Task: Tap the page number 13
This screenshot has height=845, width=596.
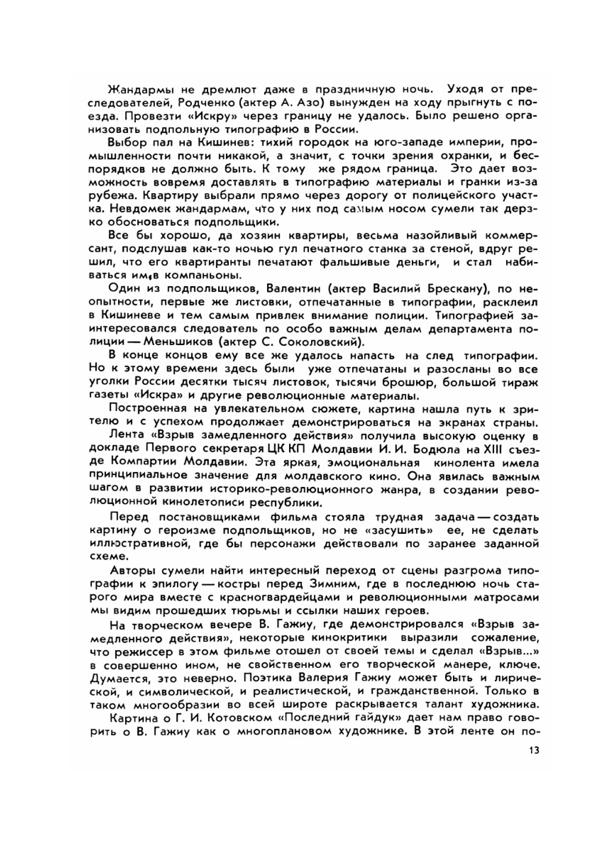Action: click(533, 750)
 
